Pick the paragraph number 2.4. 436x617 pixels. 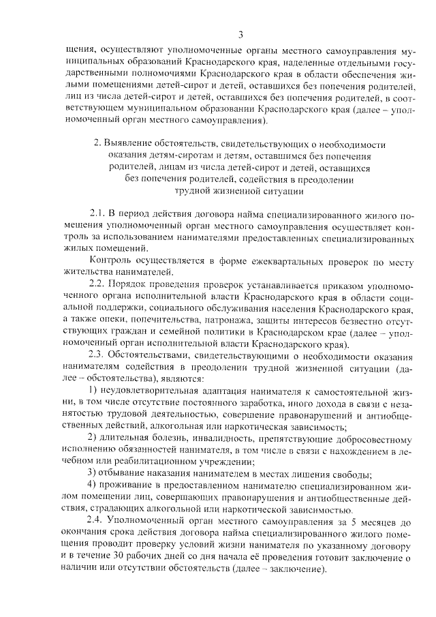[99, 521]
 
